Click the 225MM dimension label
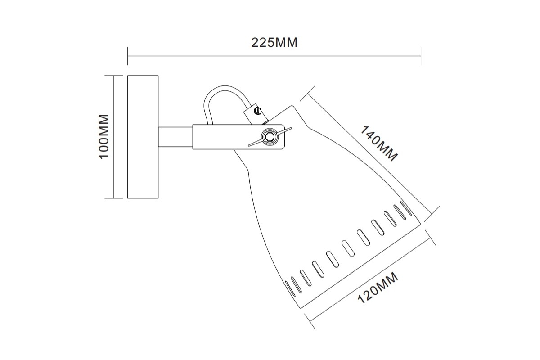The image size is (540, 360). (x=274, y=43)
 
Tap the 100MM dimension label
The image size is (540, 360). (x=104, y=136)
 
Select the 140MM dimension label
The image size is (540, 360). (x=378, y=144)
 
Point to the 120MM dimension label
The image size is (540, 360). (x=378, y=288)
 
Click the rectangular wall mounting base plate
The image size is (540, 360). (x=143, y=137)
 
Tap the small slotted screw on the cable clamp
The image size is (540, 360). (x=258, y=111)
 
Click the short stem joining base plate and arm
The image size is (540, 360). (x=175, y=137)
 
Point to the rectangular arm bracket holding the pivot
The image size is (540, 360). (x=238, y=137)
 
